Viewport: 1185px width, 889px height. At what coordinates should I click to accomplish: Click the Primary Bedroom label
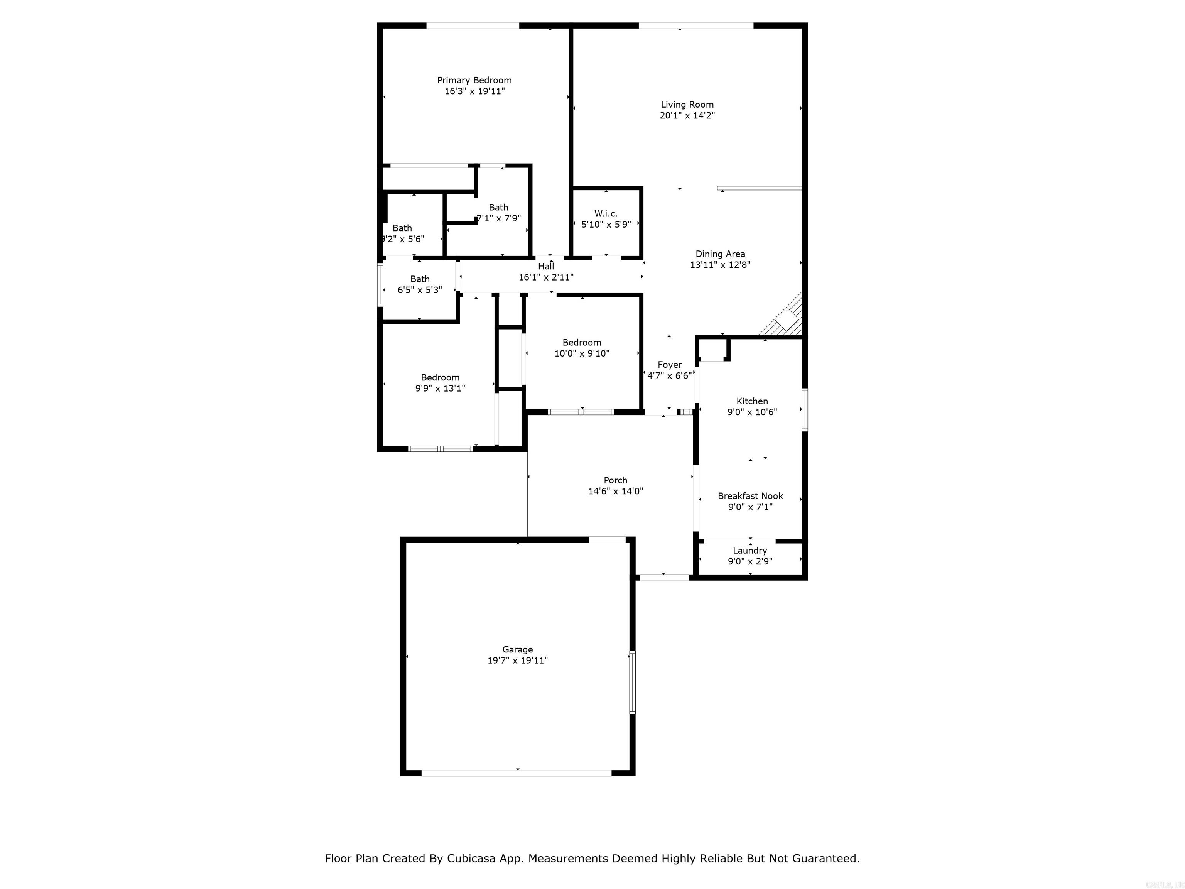[x=474, y=80]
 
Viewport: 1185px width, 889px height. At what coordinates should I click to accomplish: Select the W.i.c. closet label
[x=606, y=214]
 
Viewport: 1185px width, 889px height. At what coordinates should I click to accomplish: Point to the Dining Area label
[x=720, y=254]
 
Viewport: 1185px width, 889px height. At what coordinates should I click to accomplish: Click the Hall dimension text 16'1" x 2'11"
[x=546, y=277]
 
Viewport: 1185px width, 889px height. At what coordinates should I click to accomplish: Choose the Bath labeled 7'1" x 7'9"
[x=498, y=213]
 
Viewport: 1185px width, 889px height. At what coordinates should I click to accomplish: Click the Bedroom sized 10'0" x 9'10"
[x=582, y=348]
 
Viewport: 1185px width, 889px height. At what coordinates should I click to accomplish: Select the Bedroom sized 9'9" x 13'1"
[x=440, y=383]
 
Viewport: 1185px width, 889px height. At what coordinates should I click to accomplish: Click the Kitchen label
[x=752, y=401]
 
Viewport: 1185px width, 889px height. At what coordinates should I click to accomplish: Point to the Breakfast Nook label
[x=750, y=496]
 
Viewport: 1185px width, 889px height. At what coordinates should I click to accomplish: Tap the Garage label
[x=518, y=649]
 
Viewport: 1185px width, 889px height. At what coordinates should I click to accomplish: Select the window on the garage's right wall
[x=632, y=682]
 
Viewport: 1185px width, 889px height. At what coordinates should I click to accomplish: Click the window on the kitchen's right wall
[x=805, y=410]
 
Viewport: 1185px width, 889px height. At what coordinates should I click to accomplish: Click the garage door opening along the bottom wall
[x=517, y=773]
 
